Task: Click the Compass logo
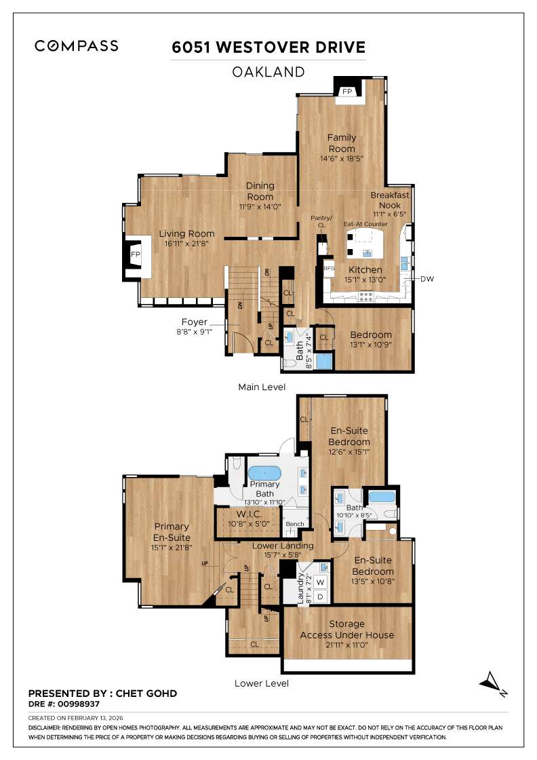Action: (x=77, y=46)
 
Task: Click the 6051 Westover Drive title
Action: (x=268, y=47)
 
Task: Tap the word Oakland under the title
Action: (x=268, y=71)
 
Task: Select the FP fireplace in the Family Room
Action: (x=347, y=92)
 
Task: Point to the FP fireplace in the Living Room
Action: (x=136, y=254)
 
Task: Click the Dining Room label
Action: (x=260, y=191)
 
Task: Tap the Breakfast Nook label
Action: (x=390, y=199)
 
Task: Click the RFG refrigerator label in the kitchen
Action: (x=330, y=268)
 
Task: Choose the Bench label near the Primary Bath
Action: (x=294, y=524)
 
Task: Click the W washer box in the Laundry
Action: (x=321, y=582)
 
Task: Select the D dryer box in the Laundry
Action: (x=321, y=596)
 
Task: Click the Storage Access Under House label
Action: (x=346, y=629)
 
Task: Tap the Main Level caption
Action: (x=261, y=387)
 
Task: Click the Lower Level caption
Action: (x=261, y=683)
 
